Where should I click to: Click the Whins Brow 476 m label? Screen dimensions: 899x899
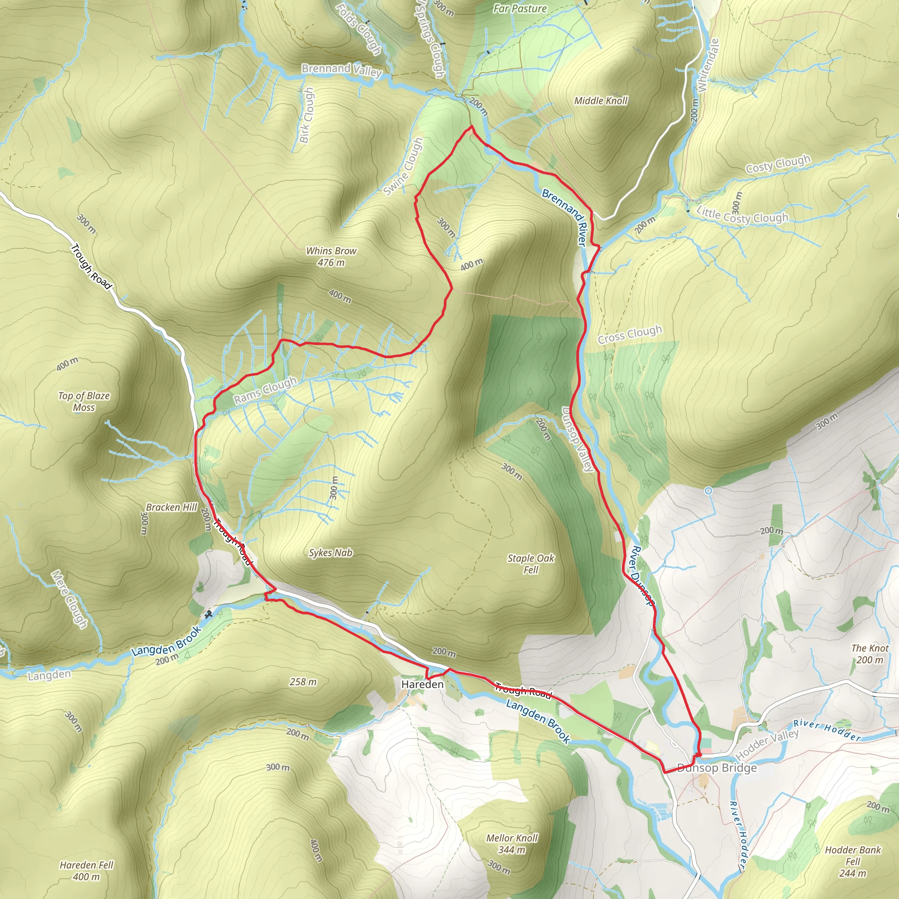click(x=331, y=256)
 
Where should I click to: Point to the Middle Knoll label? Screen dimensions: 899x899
click(x=601, y=101)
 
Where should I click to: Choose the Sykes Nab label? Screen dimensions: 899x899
click(x=331, y=552)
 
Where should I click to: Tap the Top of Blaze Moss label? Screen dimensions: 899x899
click(x=84, y=401)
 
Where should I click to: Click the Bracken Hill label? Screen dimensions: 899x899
click(x=171, y=507)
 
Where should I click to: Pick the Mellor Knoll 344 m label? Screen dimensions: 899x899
click(x=511, y=844)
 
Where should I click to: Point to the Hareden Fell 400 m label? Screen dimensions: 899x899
click(x=86, y=870)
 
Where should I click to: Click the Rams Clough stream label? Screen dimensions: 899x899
click(x=265, y=390)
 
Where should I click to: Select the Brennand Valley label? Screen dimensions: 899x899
click(x=342, y=70)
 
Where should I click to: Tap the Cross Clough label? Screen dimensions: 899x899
click(x=629, y=334)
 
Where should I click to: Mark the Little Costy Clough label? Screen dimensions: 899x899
click(x=742, y=215)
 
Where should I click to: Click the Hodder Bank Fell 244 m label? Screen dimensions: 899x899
click(x=852, y=861)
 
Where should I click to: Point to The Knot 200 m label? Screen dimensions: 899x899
click(x=869, y=653)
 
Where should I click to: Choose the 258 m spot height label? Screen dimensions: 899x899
click(x=302, y=682)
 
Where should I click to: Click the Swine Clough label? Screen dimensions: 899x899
click(x=403, y=166)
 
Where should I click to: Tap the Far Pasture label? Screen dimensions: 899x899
click(x=520, y=8)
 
